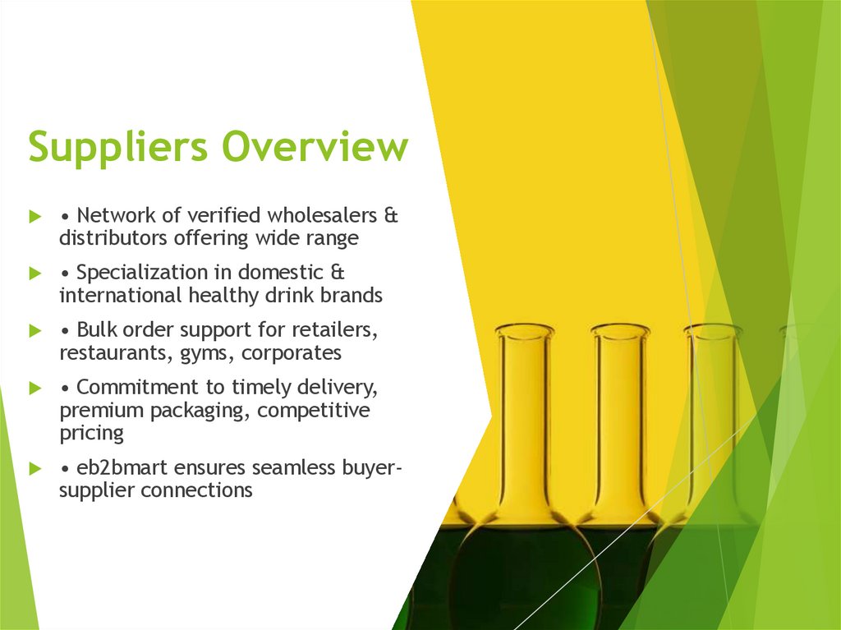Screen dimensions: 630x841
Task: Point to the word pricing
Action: [91, 433]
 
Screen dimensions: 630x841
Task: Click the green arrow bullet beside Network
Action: [34, 217]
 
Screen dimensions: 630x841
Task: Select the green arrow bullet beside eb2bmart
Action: [34, 469]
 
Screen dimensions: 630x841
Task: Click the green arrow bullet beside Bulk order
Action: [34, 331]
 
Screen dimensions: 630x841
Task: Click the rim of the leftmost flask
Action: [524, 330]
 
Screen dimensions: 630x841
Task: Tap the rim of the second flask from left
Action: [620, 330]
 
